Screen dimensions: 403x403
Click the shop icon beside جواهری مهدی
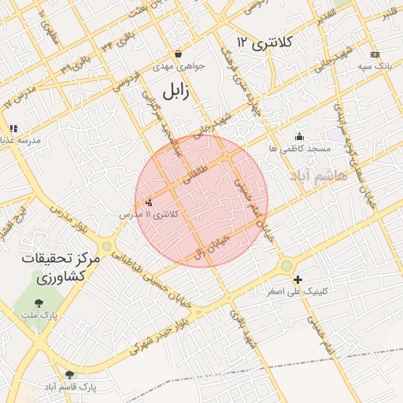179,54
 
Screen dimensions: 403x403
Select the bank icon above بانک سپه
375,54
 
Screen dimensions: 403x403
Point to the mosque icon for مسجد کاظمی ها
298,136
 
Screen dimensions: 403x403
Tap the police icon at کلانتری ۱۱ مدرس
149,202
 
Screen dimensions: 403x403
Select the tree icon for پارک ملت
39,301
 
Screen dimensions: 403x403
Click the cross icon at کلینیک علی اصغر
298,279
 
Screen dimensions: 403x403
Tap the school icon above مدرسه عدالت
13,128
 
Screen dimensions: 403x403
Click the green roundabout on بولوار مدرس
107,246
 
